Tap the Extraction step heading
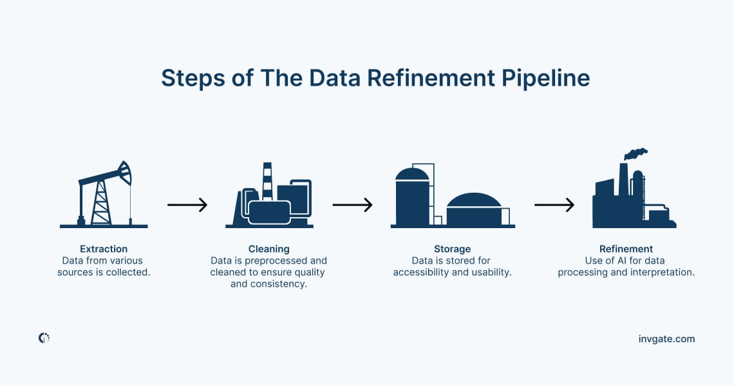[x=104, y=249]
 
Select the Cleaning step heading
[x=268, y=249]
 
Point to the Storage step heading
[x=452, y=249]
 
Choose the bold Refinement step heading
[x=626, y=249]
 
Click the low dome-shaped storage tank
[x=474, y=209]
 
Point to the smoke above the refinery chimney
[x=635, y=153]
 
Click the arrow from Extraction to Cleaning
[x=187, y=205]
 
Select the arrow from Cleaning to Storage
[x=352, y=205]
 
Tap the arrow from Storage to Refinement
[x=554, y=205]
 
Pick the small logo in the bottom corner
[x=44, y=338]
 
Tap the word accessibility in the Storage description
[x=422, y=273]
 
